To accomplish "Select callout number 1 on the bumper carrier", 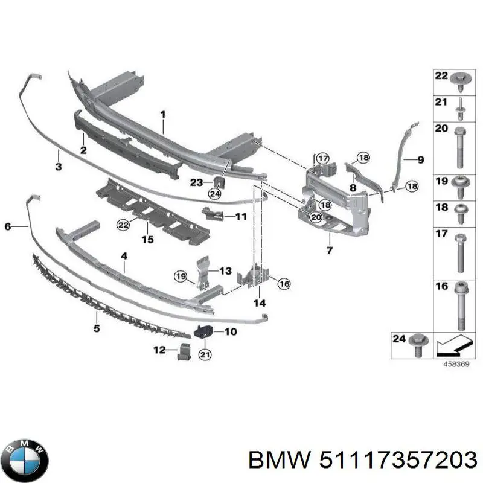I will coord(162,114).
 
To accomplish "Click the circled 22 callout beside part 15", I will coord(123,225).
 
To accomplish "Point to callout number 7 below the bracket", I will coord(329,250).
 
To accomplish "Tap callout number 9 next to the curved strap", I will coord(421,159).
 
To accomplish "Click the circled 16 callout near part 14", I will coord(284,283).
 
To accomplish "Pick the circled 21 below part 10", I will coord(205,354).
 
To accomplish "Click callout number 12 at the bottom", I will coord(159,350).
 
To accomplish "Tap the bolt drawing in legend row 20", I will coord(459,148).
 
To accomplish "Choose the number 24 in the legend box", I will coord(398,340).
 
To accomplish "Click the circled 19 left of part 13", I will coord(181,277).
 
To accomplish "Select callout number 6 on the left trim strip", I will coord(8,226).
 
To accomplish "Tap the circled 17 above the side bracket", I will coord(323,159).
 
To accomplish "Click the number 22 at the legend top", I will coord(441,76).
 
